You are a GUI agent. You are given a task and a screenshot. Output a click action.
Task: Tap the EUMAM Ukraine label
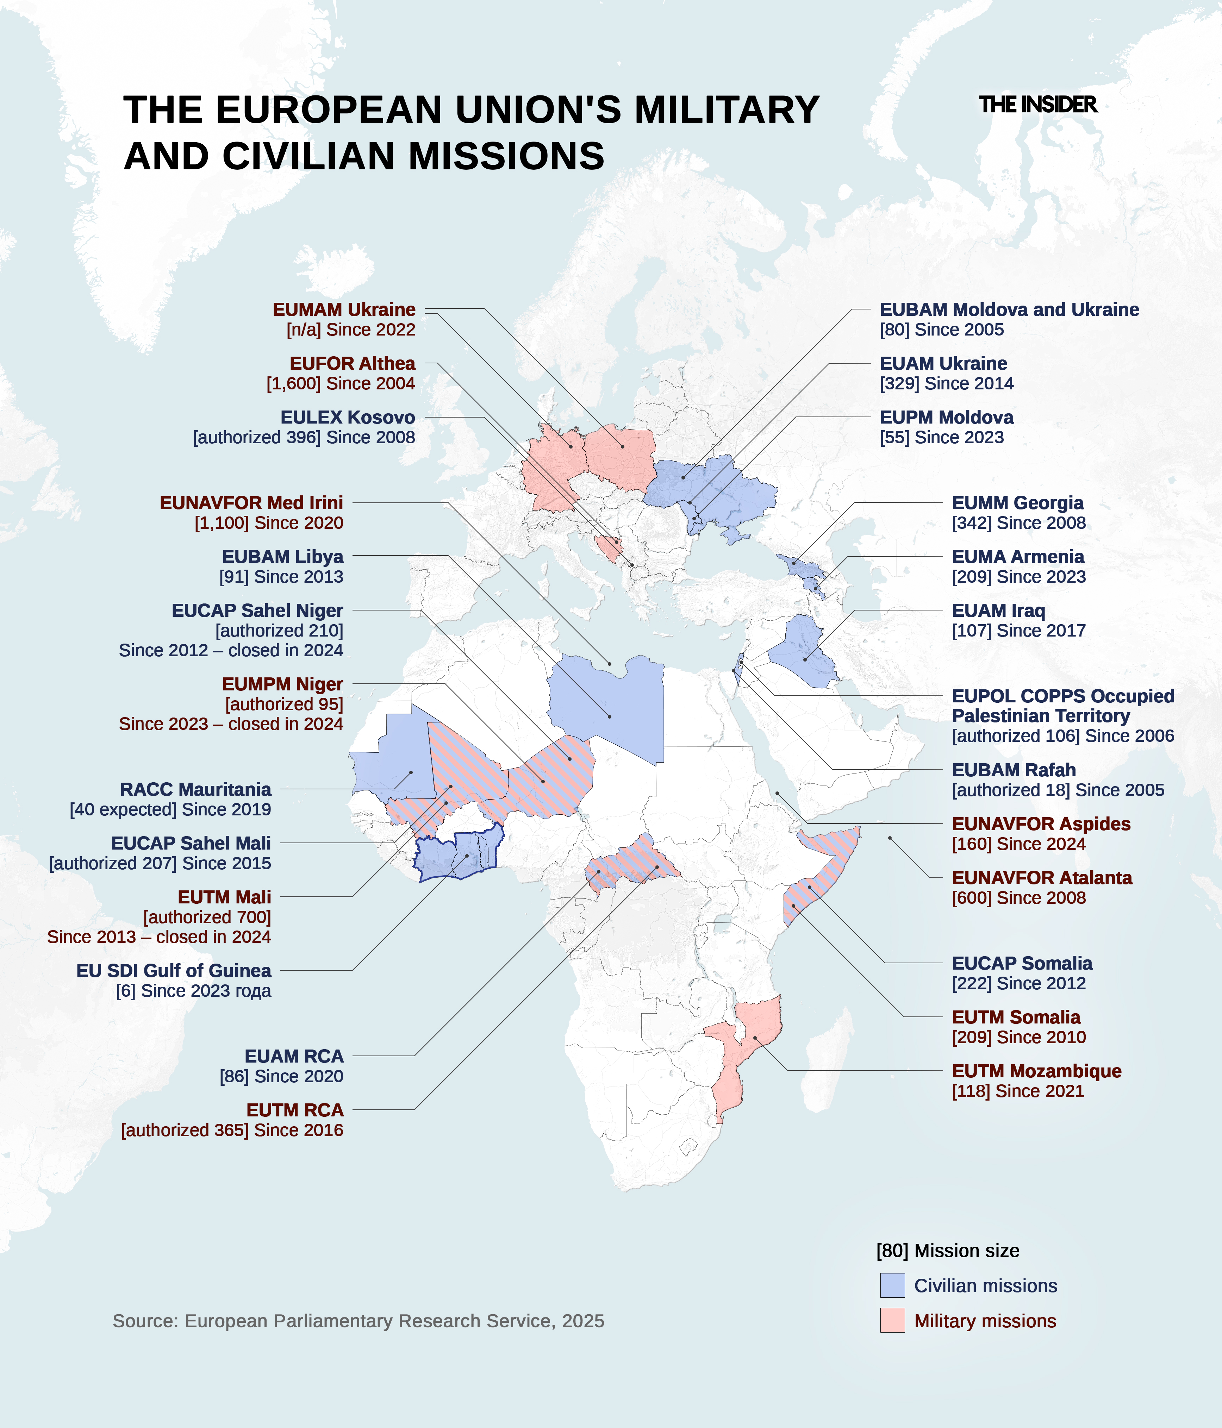coord(344,310)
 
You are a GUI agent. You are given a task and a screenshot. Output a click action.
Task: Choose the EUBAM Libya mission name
coord(282,557)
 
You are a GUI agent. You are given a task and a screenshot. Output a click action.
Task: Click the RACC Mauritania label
coord(196,789)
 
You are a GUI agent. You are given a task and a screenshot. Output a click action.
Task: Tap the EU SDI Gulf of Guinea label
coord(174,971)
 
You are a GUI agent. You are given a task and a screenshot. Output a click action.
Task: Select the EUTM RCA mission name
coord(295,1110)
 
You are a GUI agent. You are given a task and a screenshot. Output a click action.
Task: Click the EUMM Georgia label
coord(1017,503)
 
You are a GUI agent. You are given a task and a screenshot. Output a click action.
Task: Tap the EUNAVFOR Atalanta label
coord(1041,878)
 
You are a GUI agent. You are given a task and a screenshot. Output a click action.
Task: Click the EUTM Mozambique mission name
coord(1037,1071)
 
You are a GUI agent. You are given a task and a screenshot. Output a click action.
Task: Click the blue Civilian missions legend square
coord(892,1285)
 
